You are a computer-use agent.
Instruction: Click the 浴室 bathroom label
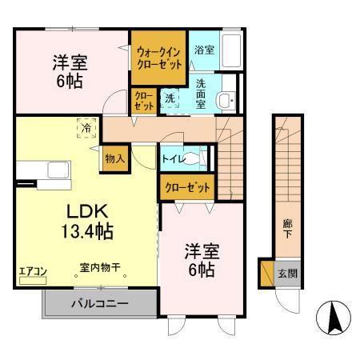click(x=204, y=50)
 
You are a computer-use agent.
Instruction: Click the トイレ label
click(x=174, y=159)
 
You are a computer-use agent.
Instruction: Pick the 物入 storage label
click(x=114, y=159)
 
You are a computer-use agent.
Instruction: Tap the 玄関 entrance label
click(x=286, y=273)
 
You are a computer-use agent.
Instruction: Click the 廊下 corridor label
click(x=286, y=228)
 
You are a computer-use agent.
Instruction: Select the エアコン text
click(x=34, y=271)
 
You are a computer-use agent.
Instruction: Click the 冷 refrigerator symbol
click(x=86, y=126)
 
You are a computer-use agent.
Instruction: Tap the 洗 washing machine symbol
click(x=170, y=98)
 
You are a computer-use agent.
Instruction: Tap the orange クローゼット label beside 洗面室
click(x=143, y=100)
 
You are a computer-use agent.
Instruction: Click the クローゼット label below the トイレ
click(x=187, y=188)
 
